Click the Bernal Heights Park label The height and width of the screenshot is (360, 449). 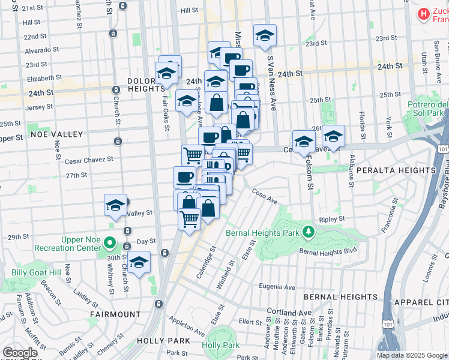coord(264,232)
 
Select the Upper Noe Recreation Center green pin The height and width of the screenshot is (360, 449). coord(109,244)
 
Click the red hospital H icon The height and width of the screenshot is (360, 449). coord(424,13)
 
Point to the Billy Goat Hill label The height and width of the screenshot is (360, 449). coord(36,273)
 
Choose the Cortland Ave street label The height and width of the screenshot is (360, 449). coord(290,313)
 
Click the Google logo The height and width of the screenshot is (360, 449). coord(20,353)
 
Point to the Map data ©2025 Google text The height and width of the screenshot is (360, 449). coord(411,355)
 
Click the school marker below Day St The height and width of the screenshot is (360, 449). coord(139,263)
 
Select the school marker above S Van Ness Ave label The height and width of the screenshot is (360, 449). coord(264,35)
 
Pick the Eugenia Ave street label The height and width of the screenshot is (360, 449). coord(277,287)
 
